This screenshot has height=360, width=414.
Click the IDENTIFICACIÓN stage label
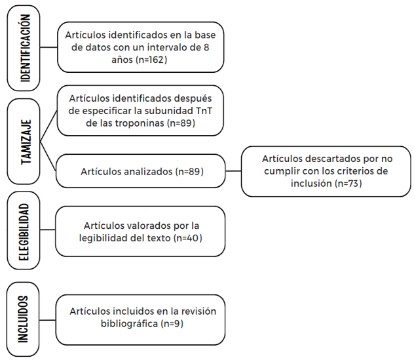(26, 48)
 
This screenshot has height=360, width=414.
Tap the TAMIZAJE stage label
(26, 142)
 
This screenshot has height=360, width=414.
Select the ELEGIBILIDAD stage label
(24, 232)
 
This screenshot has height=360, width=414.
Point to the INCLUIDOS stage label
(23, 319)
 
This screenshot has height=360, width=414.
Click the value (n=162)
(151, 60)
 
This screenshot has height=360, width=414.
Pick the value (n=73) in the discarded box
(348, 184)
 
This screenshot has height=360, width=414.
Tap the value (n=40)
(188, 238)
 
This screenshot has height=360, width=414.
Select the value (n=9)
(172, 323)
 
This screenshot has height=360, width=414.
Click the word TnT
(204, 111)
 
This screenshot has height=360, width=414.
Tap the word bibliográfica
(130, 323)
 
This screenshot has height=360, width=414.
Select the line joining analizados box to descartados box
(233, 171)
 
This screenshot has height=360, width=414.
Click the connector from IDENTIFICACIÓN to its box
(48, 47)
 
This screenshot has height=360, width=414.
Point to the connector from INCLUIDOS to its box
(48, 320)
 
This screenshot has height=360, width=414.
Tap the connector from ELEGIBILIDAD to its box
(48, 230)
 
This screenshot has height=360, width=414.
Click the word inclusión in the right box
(311, 184)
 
